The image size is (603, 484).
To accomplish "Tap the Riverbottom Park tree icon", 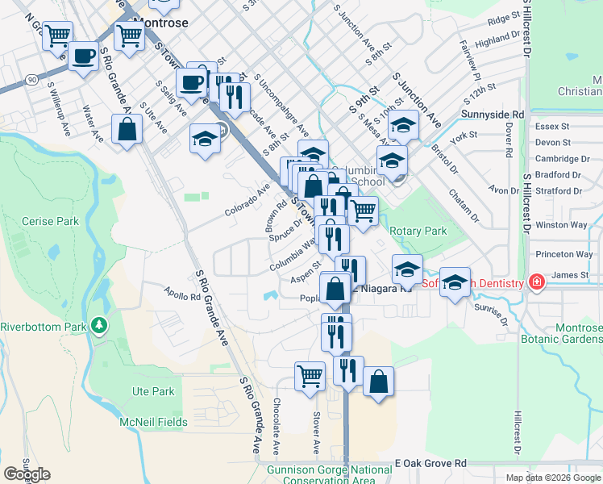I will pyautogui.click(x=99, y=326).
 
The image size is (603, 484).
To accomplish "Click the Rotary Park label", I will pyautogui.click(x=418, y=231).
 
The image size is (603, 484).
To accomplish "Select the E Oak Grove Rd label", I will pyautogui.click(x=430, y=464).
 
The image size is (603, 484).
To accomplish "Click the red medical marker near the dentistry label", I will pyautogui.click(x=536, y=282).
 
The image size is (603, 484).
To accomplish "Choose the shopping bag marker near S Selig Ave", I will pyautogui.click(x=127, y=129).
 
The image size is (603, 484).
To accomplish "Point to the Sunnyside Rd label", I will pyautogui.click(x=493, y=115).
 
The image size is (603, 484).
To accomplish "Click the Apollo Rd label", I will pyautogui.click(x=181, y=295).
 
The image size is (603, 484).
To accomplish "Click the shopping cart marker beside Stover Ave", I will pyautogui.click(x=310, y=375).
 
